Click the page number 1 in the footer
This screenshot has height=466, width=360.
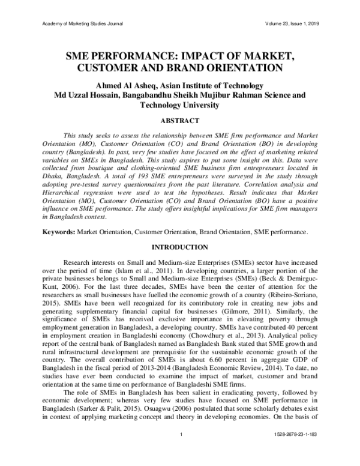[x=180, y=450]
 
